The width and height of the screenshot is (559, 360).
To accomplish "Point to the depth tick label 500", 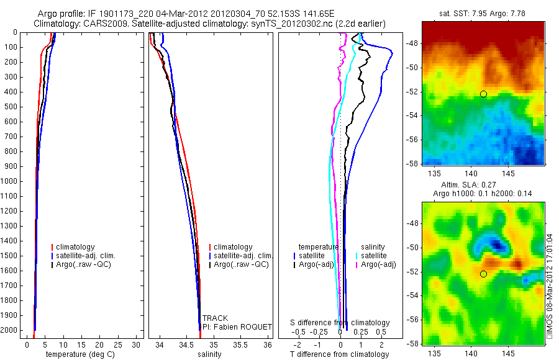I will pos(12,107).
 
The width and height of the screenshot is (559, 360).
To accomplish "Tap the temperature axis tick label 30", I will pos(137,344).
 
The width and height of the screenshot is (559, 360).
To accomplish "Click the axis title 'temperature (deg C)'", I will pos(78,354).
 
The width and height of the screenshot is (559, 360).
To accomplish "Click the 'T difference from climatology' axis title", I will pos(339,354).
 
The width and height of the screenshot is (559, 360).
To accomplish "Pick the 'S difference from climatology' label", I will pos(340,323).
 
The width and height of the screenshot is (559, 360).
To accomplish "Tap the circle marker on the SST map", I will pos(483,94).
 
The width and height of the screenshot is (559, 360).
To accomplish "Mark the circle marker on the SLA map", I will pos(483,274).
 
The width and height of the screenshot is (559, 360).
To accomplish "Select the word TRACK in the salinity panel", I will pos(215,318).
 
